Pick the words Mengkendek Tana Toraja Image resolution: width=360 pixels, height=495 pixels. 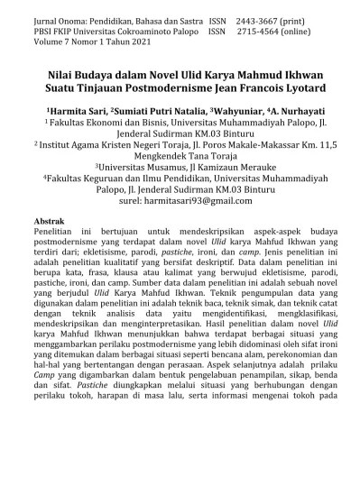coord(179,154)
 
